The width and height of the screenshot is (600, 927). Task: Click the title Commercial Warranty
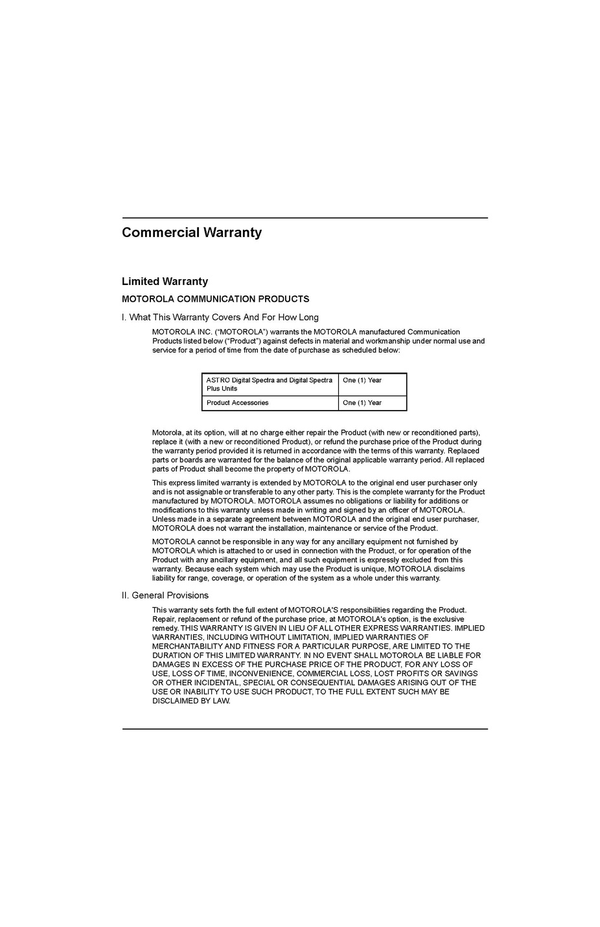192,233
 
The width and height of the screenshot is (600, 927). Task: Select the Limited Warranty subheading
165,281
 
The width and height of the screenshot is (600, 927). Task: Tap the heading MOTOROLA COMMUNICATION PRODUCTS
215,299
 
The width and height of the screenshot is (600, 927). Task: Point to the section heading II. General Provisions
165,595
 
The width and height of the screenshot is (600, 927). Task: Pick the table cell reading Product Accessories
237,403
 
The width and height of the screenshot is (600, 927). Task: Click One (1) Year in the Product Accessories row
362,403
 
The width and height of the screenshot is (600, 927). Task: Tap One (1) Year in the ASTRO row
362,380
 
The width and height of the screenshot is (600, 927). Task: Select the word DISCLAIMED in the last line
175,701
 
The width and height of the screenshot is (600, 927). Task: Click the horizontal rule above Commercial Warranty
305,218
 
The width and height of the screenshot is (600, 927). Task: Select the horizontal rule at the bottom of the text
305,729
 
